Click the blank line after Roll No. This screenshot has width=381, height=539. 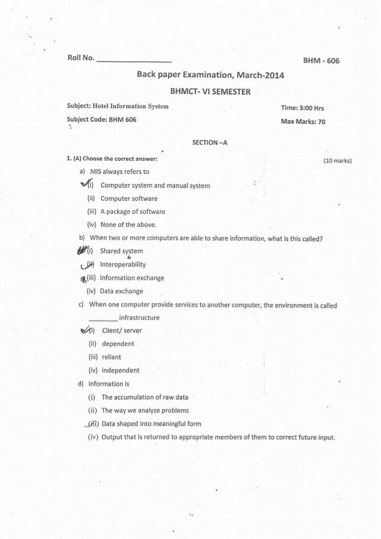click(134, 61)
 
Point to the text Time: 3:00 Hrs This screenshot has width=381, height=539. click(302, 108)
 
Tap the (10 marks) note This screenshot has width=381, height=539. click(337, 160)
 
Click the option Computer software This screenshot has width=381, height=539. click(129, 198)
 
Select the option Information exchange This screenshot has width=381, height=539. click(132, 278)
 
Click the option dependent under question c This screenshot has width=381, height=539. click(118, 344)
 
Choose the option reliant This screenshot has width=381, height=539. click(111, 357)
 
